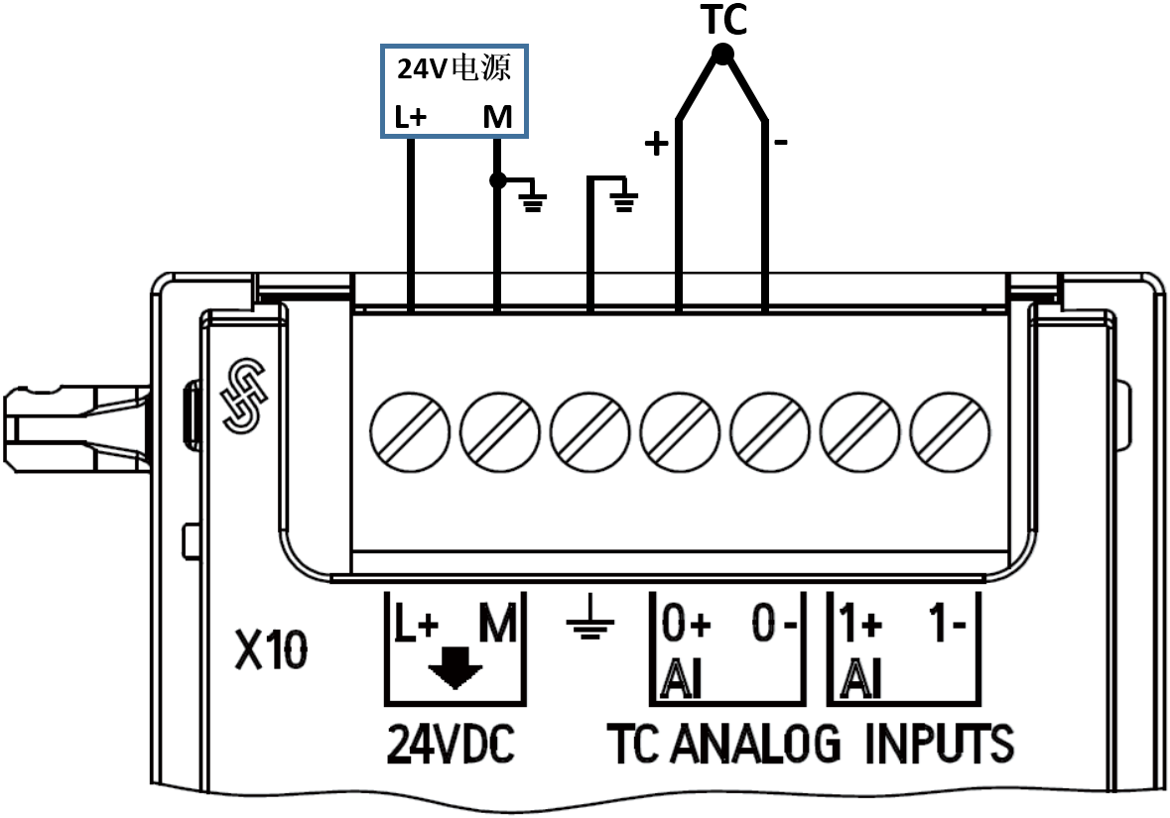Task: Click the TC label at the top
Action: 723,21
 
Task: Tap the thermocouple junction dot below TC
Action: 722,57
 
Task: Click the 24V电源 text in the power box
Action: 455,68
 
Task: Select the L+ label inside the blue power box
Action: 410,117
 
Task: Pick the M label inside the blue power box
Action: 497,117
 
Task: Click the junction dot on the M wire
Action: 498,180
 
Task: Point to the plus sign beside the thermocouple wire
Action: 656,145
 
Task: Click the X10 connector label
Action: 271,653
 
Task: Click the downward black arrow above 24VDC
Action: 455,673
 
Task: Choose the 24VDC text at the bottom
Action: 451,746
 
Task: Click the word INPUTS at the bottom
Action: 939,746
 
